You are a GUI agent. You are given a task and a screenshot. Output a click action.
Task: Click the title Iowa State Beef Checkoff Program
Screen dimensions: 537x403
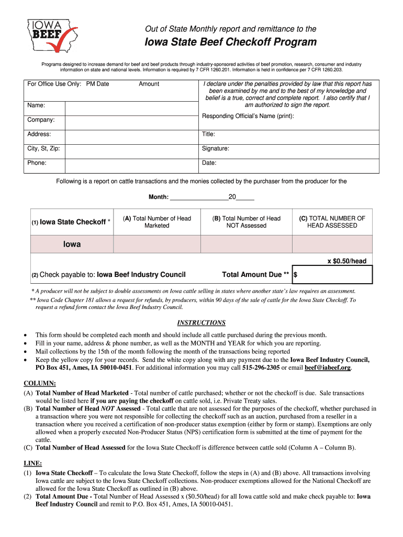click(x=231, y=42)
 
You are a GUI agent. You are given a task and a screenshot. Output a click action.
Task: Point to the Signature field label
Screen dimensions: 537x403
click(x=216, y=149)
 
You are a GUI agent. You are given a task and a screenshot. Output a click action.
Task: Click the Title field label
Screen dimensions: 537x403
click(x=208, y=134)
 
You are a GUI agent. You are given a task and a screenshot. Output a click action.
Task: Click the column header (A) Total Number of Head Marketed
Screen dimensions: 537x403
click(x=157, y=222)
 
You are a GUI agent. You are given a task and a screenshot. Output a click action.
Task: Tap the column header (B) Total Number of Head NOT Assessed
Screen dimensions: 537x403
click(x=246, y=222)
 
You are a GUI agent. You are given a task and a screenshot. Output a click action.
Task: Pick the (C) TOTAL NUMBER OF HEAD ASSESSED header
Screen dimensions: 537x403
click(x=332, y=222)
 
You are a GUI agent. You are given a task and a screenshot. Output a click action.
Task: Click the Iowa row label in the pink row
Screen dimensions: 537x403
click(x=72, y=244)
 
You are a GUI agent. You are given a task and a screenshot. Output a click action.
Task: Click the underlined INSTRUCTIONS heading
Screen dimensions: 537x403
click(x=201, y=323)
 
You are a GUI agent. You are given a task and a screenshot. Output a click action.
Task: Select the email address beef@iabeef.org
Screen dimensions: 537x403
click(x=327, y=368)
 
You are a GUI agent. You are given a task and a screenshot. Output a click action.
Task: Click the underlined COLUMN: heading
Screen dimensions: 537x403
click(x=39, y=383)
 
